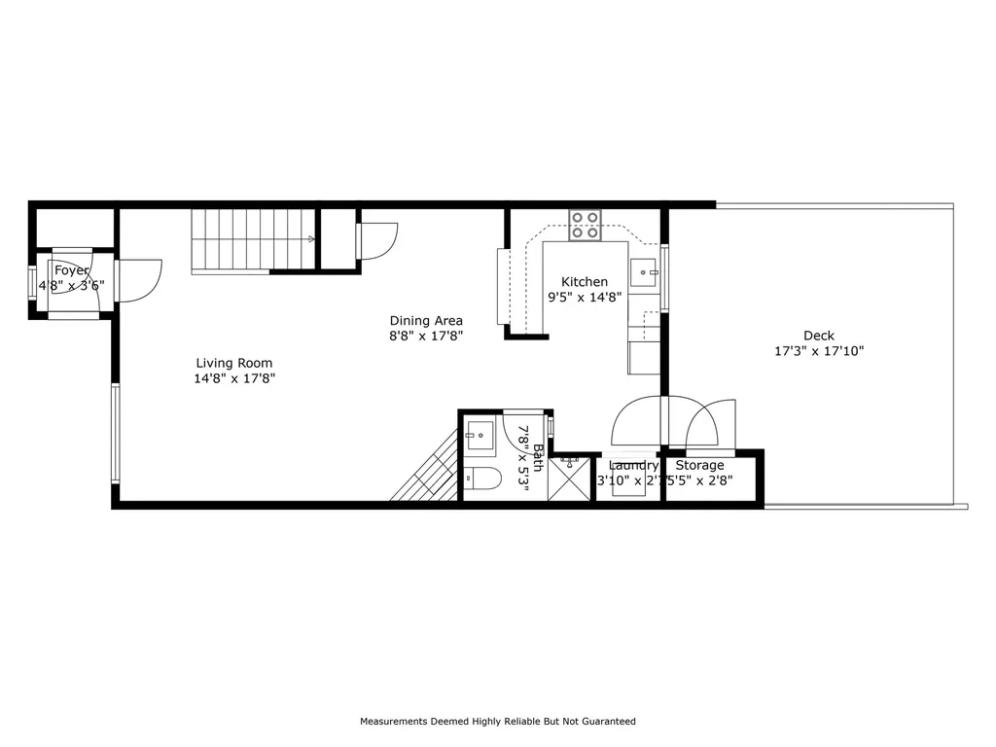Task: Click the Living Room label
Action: tap(234, 363)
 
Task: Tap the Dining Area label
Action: tap(426, 320)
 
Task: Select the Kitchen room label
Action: tap(584, 282)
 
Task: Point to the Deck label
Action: tap(818, 336)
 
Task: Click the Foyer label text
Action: tap(72, 270)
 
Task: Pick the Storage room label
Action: tap(699, 465)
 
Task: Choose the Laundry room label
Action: tap(633, 465)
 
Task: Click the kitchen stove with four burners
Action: tap(585, 226)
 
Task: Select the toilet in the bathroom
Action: tap(482, 477)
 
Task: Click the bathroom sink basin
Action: tap(480, 434)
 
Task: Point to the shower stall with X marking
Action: tap(570, 480)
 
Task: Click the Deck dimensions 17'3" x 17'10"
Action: tap(819, 351)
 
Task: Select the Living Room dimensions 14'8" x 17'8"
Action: tap(234, 378)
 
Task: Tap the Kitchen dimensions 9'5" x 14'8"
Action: tap(584, 298)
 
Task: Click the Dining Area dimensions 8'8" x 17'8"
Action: tap(426, 336)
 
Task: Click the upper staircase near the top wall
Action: tap(254, 240)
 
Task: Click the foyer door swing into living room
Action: tap(139, 278)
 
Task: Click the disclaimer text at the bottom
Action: tap(498, 722)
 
